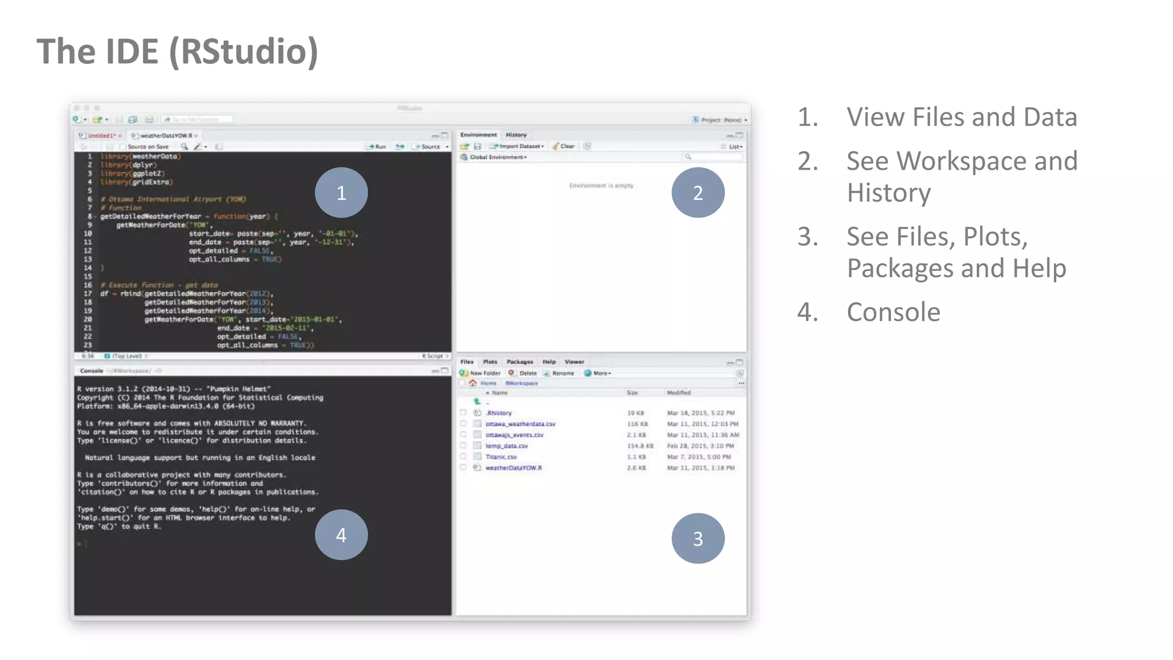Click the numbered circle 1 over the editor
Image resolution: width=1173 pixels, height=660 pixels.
pos(341,192)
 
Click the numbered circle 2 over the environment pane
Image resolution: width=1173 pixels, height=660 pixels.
pos(698,192)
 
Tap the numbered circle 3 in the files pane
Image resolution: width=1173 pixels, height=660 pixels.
pos(698,538)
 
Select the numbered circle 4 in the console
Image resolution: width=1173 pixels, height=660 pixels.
pos(341,535)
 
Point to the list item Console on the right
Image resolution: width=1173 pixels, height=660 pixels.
pos(893,312)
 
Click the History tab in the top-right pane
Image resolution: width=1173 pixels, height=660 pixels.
pos(516,135)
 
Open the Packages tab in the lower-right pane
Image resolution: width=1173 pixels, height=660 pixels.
pos(519,362)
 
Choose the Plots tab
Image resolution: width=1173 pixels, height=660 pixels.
pos(490,362)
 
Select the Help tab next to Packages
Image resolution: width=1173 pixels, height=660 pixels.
pos(549,362)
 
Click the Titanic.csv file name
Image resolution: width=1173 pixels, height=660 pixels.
pos(501,457)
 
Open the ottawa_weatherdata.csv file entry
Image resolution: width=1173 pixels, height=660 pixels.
pos(521,424)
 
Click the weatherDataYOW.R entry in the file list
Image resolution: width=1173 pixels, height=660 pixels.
pos(514,467)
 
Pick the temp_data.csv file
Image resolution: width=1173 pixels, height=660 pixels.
pos(507,446)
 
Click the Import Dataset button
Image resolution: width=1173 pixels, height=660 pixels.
pos(518,146)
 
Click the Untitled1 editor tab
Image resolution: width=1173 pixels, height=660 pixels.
pos(100,136)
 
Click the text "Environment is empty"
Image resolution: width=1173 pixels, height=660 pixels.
pos(601,186)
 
